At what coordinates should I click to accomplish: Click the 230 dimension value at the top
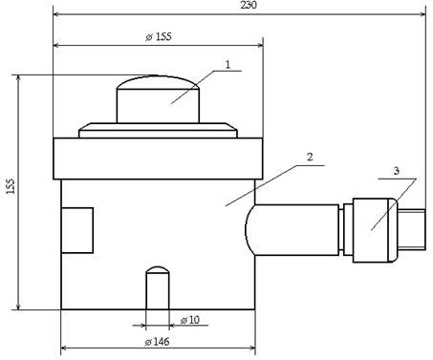coord(249,5)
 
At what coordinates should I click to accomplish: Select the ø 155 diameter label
coord(159,37)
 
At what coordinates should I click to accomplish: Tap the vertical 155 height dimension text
coord(11,186)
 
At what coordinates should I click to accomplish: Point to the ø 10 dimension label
coord(190,320)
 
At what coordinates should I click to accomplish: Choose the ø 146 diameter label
coord(157,342)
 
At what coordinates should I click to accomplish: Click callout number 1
coord(227,65)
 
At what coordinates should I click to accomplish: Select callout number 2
coord(310,157)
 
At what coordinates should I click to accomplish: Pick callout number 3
coord(396,171)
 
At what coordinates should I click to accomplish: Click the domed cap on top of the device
coord(158,99)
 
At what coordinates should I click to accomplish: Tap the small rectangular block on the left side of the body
coord(77,230)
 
